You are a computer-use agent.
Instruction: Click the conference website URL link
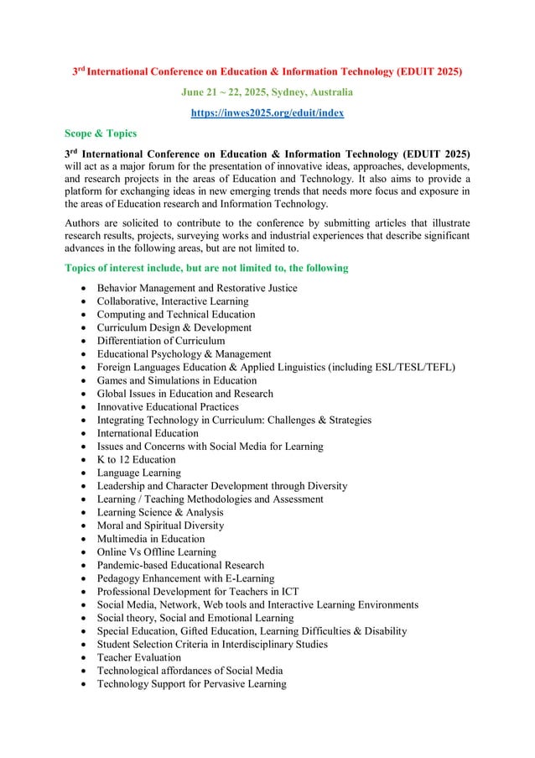tap(267, 112)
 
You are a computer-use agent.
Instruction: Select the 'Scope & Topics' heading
tap(101, 133)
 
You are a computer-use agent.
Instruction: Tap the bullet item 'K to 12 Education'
tap(136, 459)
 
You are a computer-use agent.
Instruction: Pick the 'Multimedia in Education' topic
tap(150, 539)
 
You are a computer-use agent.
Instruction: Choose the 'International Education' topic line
tap(148, 433)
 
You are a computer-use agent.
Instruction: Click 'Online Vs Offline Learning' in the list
tap(156, 552)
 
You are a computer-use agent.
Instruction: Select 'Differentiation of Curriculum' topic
tap(160, 341)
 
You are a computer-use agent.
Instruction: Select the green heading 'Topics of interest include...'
tap(206, 268)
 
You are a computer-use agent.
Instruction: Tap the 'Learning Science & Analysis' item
tap(160, 512)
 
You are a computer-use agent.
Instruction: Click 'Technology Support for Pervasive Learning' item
tap(191, 683)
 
